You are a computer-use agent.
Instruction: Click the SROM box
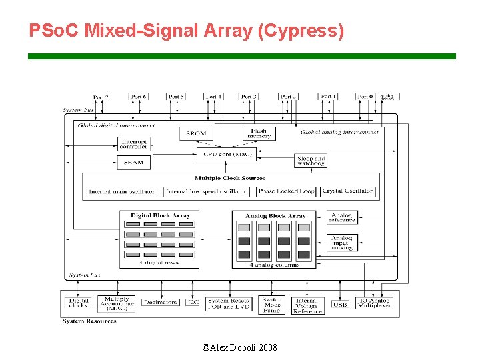[197, 133]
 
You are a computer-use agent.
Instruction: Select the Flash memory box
[259, 133]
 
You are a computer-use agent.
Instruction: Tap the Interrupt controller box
[133, 143]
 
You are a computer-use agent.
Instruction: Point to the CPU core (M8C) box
[227, 155]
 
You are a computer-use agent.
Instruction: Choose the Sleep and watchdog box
[311, 161]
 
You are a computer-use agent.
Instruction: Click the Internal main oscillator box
[122, 191]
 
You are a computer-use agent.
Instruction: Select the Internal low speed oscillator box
[206, 191]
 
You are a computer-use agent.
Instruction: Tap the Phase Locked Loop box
[286, 191]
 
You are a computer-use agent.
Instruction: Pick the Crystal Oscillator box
[347, 191]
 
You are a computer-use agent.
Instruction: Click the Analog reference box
[343, 217]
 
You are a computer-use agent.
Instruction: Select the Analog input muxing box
[343, 242]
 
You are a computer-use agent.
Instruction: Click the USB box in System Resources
[340, 305]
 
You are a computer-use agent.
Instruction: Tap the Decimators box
[161, 303]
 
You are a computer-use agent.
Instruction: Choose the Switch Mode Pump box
[271, 305]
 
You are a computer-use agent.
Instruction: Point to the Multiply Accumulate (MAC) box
[117, 303]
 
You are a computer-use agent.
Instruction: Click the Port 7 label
[101, 97]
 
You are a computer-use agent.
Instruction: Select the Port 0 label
[365, 97]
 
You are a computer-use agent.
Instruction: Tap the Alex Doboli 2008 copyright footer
[239, 347]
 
